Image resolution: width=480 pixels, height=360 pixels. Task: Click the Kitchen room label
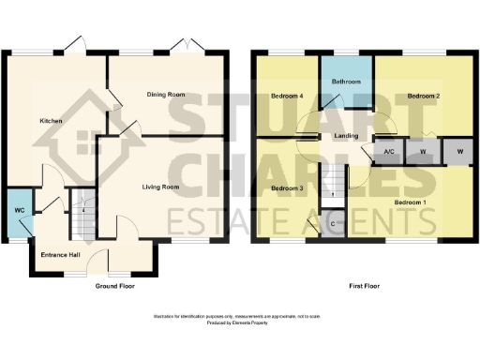[50, 122]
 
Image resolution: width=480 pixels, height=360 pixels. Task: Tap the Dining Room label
[165, 95]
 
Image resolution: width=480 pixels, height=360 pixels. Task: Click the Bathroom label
[346, 82]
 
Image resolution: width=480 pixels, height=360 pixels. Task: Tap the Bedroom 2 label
[424, 96]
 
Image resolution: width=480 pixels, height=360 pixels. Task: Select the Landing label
[347, 137]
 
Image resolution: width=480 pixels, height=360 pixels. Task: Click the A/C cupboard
[388, 152]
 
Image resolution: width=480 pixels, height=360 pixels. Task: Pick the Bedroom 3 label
[288, 188]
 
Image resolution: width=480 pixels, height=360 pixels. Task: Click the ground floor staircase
[83, 204]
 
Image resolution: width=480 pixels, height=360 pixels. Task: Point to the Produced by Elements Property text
[240, 323]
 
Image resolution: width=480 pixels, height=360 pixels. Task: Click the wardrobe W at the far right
[459, 152]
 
